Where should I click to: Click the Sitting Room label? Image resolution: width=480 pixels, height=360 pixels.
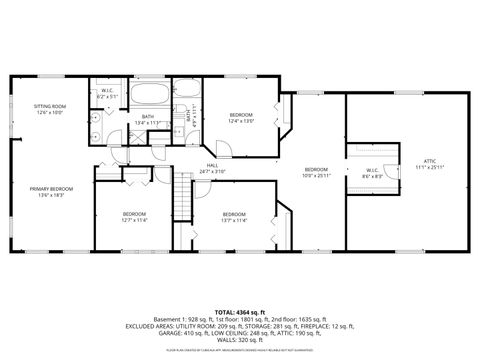[x=49, y=108]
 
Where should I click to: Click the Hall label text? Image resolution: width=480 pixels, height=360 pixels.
[x=212, y=169]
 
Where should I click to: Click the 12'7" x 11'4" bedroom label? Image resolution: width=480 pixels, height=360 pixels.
[x=135, y=217]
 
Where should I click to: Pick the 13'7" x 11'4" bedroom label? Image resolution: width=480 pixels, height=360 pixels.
[x=234, y=217]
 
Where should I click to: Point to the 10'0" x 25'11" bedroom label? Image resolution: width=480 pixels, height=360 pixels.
[x=316, y=172]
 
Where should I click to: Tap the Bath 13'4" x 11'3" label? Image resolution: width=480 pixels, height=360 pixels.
[x=147, y=120]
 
